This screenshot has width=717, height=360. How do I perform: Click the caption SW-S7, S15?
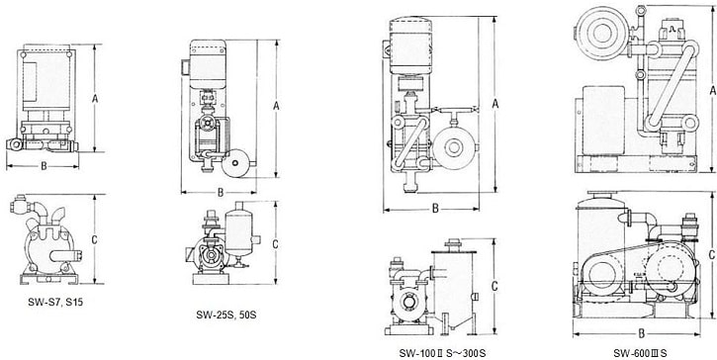tap(55, 302)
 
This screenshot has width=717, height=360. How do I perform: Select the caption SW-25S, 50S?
tap(226, 315)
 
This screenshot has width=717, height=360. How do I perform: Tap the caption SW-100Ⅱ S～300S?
tap(442, 354)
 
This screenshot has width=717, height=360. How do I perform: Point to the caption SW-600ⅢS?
tap(640, 354)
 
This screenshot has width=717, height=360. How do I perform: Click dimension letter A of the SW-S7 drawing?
tap(95, 98)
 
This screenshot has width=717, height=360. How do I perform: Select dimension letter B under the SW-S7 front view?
tap(44, 166)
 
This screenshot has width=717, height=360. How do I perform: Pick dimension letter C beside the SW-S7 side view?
tap(95, 239)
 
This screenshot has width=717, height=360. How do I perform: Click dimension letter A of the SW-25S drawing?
tap(276, 106)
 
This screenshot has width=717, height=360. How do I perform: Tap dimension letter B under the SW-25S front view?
tap(221, 193)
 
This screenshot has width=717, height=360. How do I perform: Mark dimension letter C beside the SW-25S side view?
tap(275, 244)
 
